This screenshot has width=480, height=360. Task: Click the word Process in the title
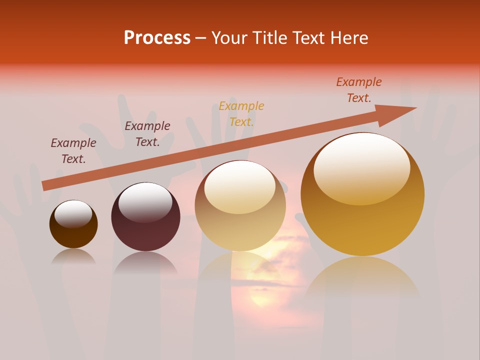[x=157, y=38]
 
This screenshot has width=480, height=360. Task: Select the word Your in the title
[x=230, y=38]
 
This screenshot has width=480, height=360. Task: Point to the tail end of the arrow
[x=44, y=185]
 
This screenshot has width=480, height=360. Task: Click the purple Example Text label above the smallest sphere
[x=73, y=151]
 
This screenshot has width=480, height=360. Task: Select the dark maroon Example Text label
[x=147, y=134]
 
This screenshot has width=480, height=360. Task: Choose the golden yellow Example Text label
[x=241, y=114]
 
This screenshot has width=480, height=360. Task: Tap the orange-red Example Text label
[x=359, y=90]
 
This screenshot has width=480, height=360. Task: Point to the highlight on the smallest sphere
[x=73, y=214]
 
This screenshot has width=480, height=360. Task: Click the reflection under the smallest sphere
[x=73, y=257]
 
